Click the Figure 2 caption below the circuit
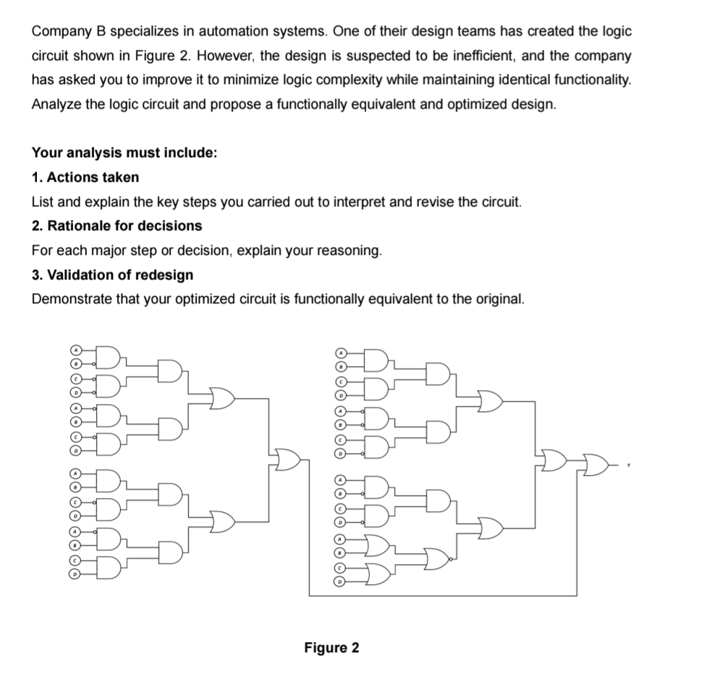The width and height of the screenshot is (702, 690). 331,647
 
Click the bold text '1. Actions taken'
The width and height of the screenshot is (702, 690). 85,177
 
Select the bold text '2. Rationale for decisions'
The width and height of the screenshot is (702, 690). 117,226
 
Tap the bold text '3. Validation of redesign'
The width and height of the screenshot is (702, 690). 112,275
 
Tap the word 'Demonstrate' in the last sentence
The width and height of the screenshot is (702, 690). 68,300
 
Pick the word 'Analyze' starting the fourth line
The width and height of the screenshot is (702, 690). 56,104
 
